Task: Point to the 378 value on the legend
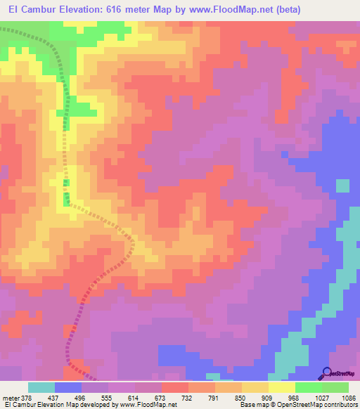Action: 26,398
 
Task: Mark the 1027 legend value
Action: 321,398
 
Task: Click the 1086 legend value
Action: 349,398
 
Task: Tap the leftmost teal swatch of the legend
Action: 41,387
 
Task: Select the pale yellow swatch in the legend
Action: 281,387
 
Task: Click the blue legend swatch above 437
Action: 68,387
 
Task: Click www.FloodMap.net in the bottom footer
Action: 148,405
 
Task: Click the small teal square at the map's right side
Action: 342,186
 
